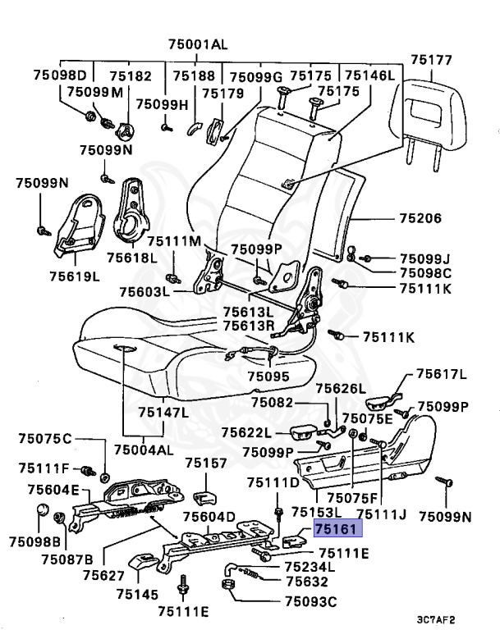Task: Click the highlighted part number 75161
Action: pyautogui.click(x=333, y=530)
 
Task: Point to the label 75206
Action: pyautogui.click(x=420, y=219)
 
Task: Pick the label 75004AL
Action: pyautogui.click(x=144, y=450)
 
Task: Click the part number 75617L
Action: pyautogui.click(x=441, y=375)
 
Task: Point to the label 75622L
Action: pyautogui.click(x=245, y=432)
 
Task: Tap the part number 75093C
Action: pyautogui.click(x=310, y=601)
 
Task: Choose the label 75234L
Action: pyautogui.click(x=310, y=566)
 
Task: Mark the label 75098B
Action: pyautogui.click(x=35, y=542)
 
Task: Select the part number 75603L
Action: pyautogui.click(x=144, y=291)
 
